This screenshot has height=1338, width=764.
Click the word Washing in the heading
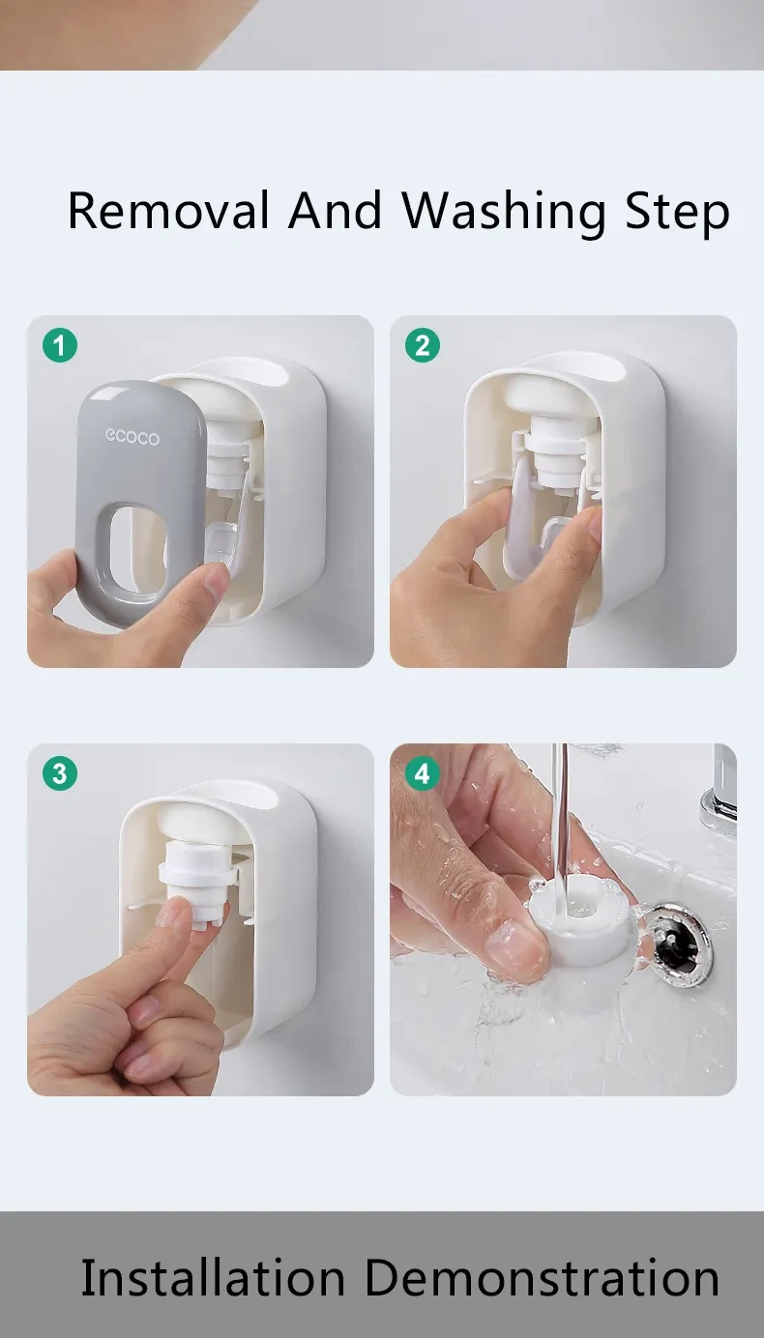point(504,211)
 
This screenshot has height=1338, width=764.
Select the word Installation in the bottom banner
point(212,1278)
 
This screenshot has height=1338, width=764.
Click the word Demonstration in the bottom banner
point(542,1278)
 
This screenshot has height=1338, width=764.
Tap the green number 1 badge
point(60,345)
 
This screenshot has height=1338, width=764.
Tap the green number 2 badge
point(423,345)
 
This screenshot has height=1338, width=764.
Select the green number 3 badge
point(60,773)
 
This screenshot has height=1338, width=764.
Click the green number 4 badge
point(423,773)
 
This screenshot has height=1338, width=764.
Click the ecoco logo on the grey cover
point(132,437)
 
